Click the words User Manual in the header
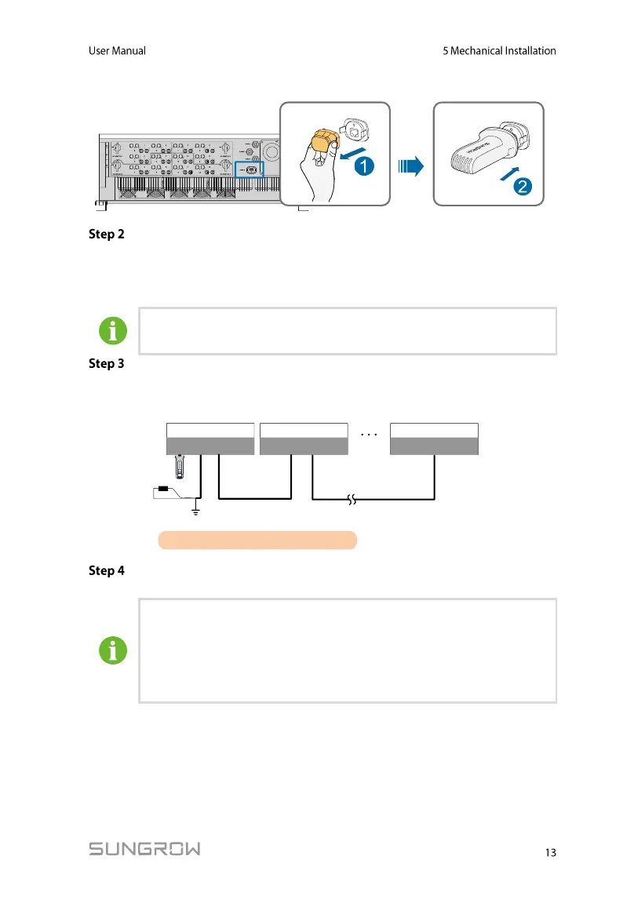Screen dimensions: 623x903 (116, 51)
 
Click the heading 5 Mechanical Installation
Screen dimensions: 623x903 (499, 51)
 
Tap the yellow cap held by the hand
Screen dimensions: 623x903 (322, 143)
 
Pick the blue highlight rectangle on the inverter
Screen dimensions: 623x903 (250, 169)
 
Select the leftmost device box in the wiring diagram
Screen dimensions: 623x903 (210, 439)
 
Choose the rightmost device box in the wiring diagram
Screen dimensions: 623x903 (434, 439)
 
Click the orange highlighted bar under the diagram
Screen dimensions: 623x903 (257, 540)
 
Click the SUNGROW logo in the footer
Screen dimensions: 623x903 (144, 849)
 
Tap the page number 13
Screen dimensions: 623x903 (549, 852)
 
